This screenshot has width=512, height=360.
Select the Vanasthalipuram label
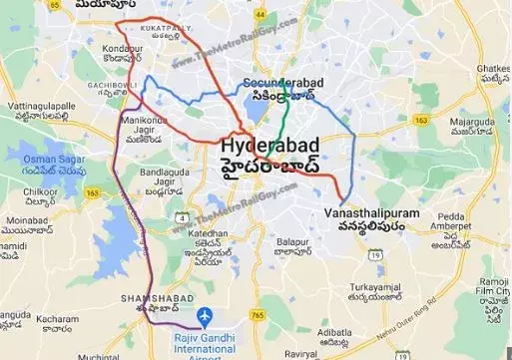[x=371, y=213]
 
